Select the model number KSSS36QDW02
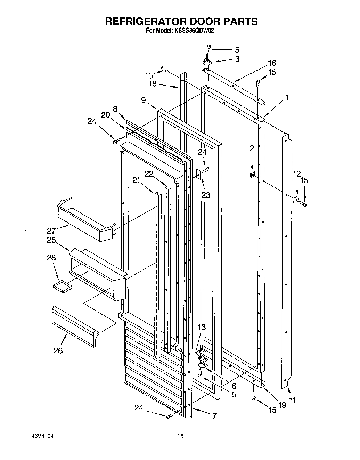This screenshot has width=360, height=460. pyautogui.click(x=195, y=31)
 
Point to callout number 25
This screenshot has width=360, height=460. pyautogui.click(x=51, y=240)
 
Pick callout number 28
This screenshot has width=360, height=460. pyautogui.click(x=51, y=257)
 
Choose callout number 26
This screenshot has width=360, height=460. pyautogui.click(x=58, y=350)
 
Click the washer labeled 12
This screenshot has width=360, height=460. pyautogui.click(x=296, y=201)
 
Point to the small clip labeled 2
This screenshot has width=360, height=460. pyautogui.click(x=253, y=173)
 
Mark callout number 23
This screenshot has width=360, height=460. pyautogui.click(x=205, y=195)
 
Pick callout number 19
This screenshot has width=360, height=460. pyautogui.click(x=282, y=405)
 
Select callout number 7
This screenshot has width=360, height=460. pyautogui.click(x=214, y=415)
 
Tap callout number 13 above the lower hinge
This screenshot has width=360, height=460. pyautogui.click(x=202, y=327)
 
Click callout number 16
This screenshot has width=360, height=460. pyautogui.click(x=272, y=63)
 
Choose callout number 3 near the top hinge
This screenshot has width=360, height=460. pyautogui.click(x=237, y=59)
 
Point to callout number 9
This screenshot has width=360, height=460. pyautogui.click(x=143, y=100)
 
